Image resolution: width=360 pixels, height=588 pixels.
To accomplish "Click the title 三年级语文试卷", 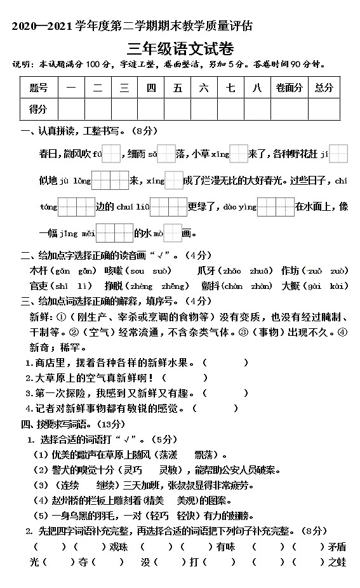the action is click(180, 48).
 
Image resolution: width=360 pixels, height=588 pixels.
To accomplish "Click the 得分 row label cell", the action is click(38, 109).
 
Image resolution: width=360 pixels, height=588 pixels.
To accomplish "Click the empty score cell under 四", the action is click(151, 109).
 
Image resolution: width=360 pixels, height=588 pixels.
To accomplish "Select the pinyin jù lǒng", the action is click(76, 181).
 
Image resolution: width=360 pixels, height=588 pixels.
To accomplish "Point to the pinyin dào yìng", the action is click(239, 207).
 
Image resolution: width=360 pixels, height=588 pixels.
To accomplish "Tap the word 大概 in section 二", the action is click(291, 286).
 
